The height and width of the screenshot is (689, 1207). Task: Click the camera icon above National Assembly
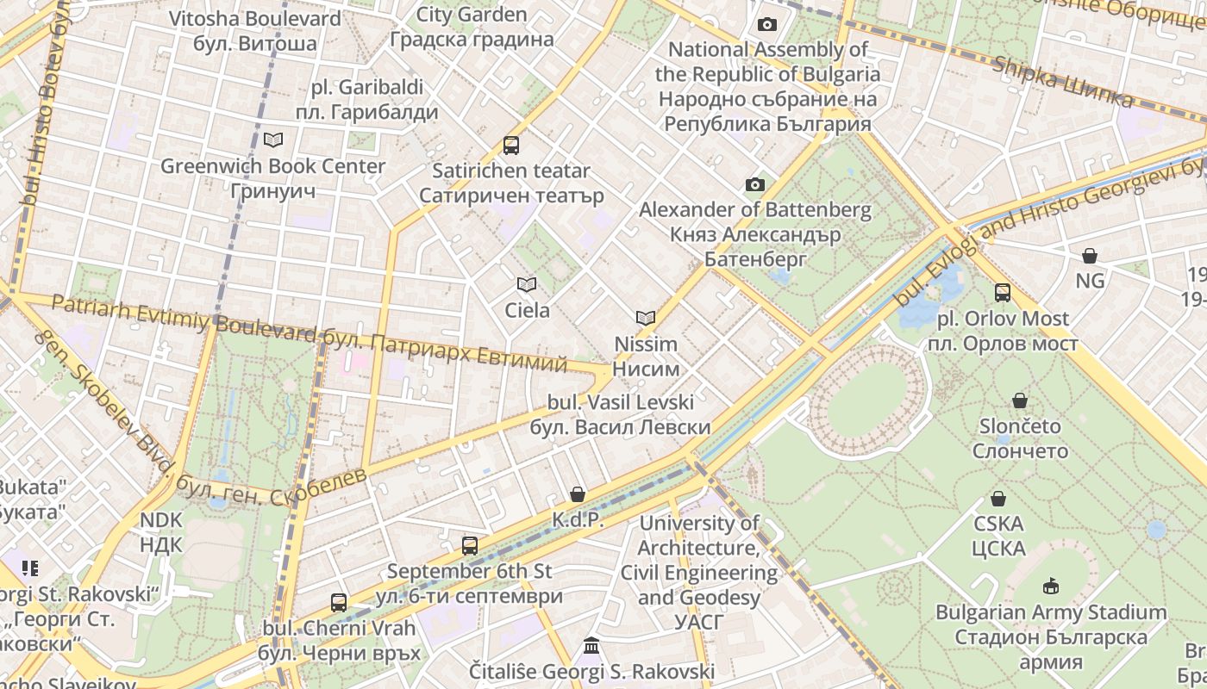coord(766,24)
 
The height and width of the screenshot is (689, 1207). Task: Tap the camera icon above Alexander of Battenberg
coord(754,184)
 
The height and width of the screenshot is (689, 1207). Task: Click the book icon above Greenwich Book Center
coord(273,140)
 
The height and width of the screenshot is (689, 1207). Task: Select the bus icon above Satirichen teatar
coord(511,145)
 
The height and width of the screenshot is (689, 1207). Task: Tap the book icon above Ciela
coord(527,284)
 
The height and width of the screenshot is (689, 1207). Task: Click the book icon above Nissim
coord(646,318)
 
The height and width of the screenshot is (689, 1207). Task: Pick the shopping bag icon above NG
coord(1090,256)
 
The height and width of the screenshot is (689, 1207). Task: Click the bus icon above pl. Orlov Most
coord(1003,293)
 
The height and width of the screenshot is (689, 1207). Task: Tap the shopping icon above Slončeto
coord(1020,400)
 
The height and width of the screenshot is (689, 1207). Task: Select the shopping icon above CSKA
coord(998,499)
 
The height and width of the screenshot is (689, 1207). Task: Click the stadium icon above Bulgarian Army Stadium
coord(1050,587)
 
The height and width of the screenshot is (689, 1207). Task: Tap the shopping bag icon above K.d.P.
coord(578,494)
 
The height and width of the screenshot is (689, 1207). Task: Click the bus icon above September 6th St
coord(470,545)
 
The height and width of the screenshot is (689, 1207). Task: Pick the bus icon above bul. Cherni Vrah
coord(339,603)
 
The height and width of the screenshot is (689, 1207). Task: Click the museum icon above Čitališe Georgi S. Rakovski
coord(591,646)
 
